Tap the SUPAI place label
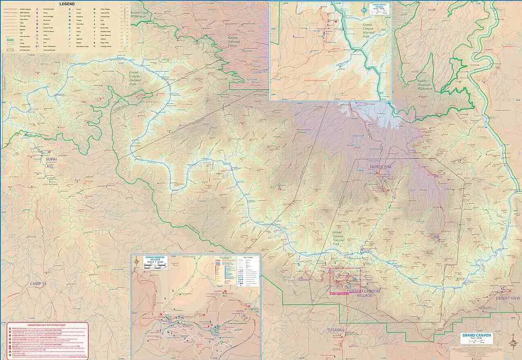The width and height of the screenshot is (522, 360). coord(51,159)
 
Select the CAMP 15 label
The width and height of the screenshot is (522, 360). coord(38,284)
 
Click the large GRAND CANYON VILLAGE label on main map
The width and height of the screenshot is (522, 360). coord(364,293)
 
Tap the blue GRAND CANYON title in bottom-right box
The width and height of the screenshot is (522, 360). coord(476,335)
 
